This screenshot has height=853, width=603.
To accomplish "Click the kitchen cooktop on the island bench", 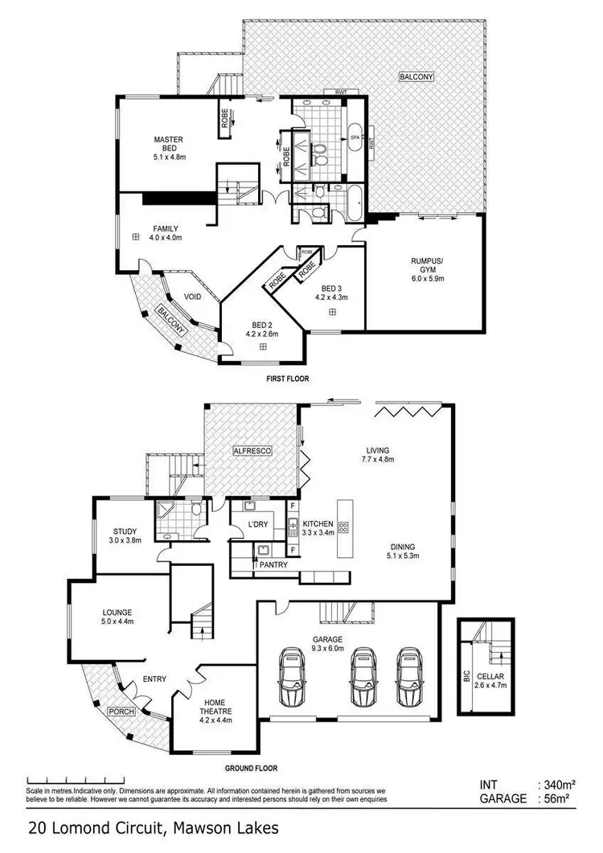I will coord(344,528).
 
